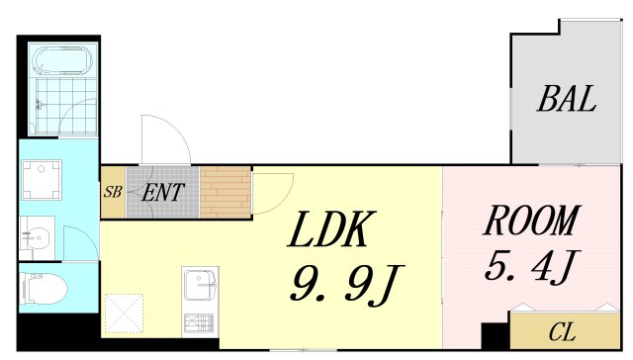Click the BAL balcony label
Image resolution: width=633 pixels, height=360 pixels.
point(567,99)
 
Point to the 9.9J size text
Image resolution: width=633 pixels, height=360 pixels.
point(346,283)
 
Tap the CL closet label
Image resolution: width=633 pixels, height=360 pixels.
point(562,332)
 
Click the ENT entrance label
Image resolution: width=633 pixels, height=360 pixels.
point(163,193)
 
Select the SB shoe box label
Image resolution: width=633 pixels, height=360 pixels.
point(113,191)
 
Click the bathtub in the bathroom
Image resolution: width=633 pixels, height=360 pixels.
point(62,60)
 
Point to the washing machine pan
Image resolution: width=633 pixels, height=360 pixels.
point(42,180)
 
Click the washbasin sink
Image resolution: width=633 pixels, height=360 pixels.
point(38,237)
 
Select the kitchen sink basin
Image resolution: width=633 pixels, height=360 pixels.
point(200,284)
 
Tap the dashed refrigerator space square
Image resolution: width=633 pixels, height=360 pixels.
point(124,314)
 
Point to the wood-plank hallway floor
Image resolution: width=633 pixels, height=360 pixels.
point(226,192)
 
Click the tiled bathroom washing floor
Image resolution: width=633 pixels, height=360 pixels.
point(66,106)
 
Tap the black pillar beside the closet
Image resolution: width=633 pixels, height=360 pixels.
point(496,335)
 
